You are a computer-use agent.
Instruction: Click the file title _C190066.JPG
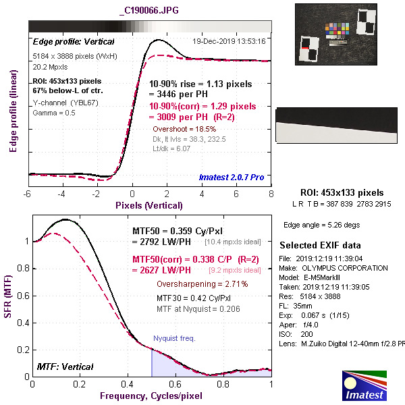[148, 11]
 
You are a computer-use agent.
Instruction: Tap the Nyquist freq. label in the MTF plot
[174, 337]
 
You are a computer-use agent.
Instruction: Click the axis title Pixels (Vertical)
[149, 205]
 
